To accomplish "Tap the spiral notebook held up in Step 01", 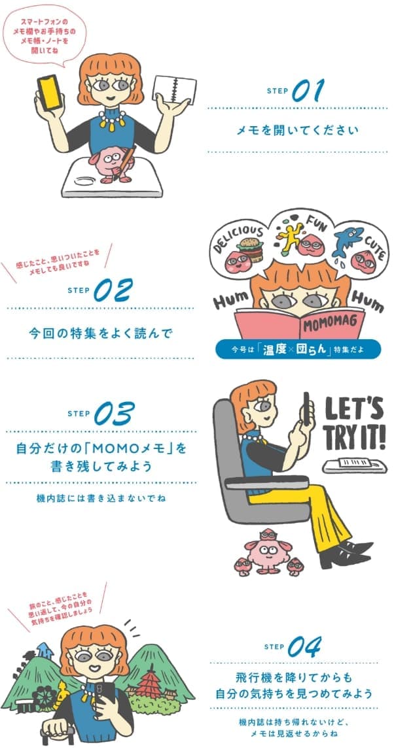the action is coord(174,89).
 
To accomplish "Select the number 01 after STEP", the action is coord(308,90).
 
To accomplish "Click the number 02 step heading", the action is coord(113,290).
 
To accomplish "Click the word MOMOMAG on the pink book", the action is coord(331,324).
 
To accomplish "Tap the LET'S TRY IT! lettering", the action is coord(355,422).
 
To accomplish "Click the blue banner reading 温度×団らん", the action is coord(298,349).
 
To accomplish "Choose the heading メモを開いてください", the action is coord(297,130).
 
